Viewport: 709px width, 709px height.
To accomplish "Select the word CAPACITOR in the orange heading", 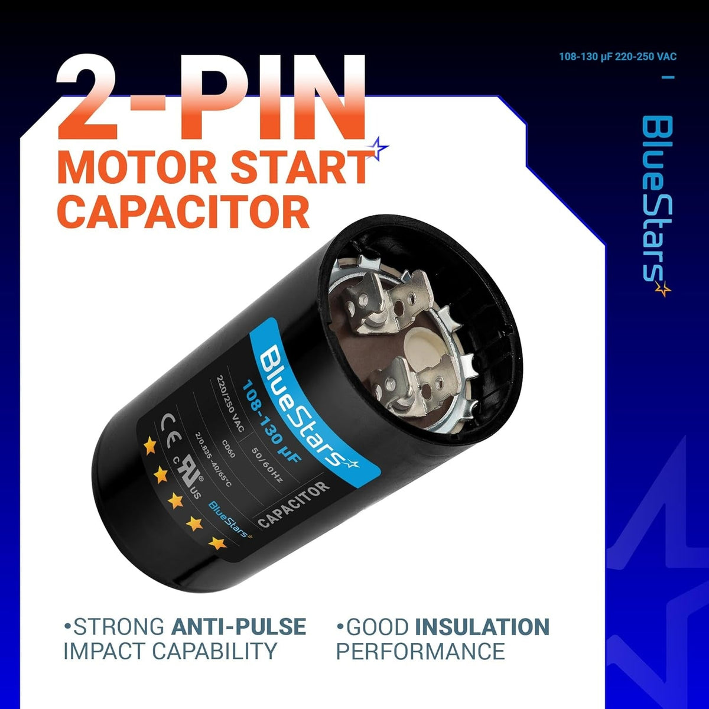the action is [x=183, y=212].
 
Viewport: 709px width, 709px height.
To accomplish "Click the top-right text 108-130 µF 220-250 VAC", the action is [x=618, y=57].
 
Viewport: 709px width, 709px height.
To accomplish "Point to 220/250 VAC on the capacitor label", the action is [x=230, y=404].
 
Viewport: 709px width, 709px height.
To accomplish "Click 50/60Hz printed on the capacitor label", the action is [x=266, y=465].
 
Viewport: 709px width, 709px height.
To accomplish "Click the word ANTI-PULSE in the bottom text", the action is [x=239, y=626].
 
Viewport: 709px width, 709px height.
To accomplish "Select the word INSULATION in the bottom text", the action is [x=482, y=626].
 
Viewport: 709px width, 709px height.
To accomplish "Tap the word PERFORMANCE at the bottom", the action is [x=421, y=651].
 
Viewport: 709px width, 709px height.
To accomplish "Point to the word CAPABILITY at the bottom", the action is [x=214, y=651].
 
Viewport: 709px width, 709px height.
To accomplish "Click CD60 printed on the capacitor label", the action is [x=229, y=448].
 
